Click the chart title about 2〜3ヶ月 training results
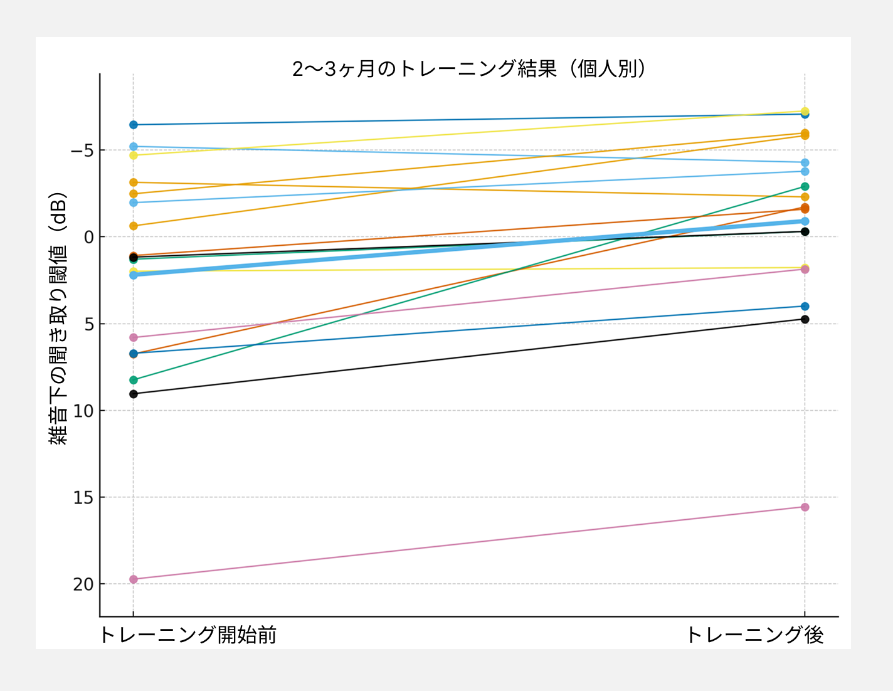[469, 68]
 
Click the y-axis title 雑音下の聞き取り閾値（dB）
[58, 319]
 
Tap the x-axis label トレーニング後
[754, 635]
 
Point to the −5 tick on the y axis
[82, 150]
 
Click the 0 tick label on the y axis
[88, 237]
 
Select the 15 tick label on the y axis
[83, 498]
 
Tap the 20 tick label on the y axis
[83, 584]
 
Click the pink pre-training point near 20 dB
[133, 579]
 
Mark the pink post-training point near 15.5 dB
[805, 507]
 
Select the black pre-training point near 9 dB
[133, 394]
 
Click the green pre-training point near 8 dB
[133, 380]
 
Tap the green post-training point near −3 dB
[805, 187]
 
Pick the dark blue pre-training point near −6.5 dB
[133, 125]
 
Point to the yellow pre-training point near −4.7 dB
[133, 155]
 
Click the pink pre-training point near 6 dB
[133, 337]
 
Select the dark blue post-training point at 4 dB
[805, 307]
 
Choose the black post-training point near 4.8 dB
[805, 319]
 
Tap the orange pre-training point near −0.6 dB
[133, 226]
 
